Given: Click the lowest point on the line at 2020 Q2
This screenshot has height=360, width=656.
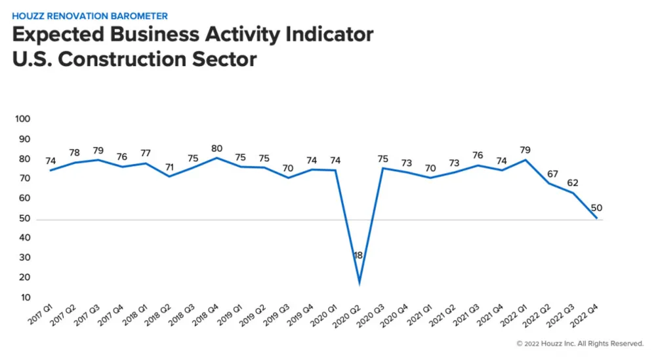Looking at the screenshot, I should pos(358,283).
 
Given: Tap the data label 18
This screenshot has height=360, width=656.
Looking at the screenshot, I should pos(358,255).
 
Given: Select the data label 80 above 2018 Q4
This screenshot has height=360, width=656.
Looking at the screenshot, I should pos(218,148).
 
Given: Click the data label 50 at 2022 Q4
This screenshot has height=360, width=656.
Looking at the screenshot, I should pos(596,209).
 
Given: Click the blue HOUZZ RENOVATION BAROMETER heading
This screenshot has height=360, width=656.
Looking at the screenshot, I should pos(89,16).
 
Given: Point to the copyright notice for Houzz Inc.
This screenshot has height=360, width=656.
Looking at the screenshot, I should pos(580,343).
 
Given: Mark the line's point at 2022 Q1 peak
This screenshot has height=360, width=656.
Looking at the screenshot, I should pos(525,159).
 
